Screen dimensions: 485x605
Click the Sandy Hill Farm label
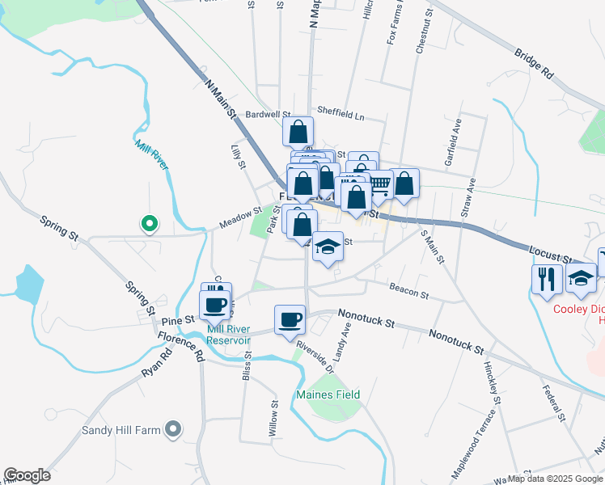pyautogui.click(x=121, y=430)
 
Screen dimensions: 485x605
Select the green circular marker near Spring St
pyautogui.click(x=149, y=223)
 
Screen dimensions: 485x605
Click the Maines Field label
pyautogui.click(x=328, y=394)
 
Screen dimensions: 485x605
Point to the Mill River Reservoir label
pyautogui.click(x=228, y=334)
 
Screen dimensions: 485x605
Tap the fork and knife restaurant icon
pyautogui.click(x=547, y=279)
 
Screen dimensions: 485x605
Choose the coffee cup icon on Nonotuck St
pyautogui.click(x=290, y=320)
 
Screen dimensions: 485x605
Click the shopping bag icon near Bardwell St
pyautogui.click(x=298, y=130)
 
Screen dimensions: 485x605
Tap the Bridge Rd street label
pyautogui.click(x=533, y=61)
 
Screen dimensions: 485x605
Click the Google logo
pyautogui.click(x=27, y=475)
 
